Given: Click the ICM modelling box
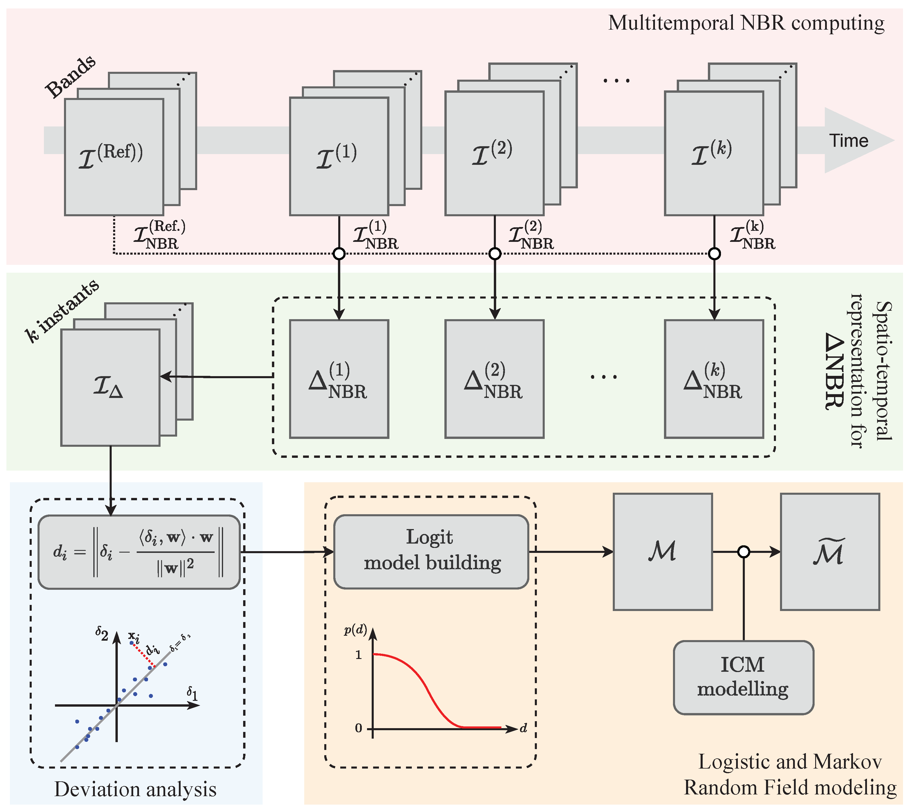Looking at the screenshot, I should click(743, 677).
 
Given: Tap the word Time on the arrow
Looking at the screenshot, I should click(848, 141).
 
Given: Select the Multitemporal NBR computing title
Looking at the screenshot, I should click(746, 23).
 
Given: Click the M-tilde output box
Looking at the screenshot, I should click(830, 552).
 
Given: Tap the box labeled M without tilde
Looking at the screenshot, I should click(663, 552).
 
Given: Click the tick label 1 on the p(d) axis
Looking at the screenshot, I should click(359, 655).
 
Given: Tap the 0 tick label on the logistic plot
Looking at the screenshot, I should click(359, 728).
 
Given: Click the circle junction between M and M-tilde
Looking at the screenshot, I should click(743, 552).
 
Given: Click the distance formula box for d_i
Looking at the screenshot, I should click(139, 552).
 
